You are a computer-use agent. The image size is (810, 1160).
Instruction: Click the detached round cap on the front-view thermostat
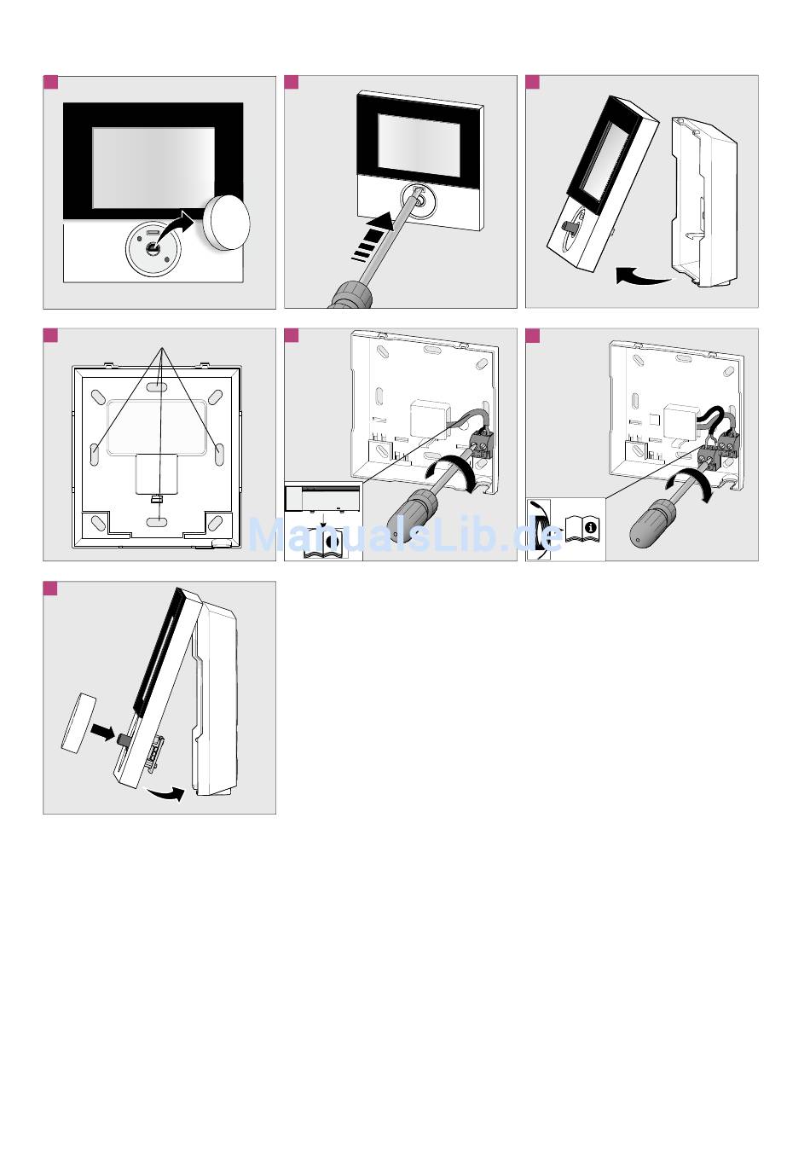click(227, 223)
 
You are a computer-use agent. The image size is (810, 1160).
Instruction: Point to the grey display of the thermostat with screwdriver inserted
click(419, 142)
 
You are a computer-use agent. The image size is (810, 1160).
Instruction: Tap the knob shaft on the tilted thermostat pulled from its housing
click(569, 226)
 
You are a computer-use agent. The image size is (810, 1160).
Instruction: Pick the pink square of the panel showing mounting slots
click(50, 335)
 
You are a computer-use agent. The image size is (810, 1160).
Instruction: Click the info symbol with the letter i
click(590, 528)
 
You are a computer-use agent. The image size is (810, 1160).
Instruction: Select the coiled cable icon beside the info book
click(539, 528)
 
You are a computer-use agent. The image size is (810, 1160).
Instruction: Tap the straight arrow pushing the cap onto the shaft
click(102, 732)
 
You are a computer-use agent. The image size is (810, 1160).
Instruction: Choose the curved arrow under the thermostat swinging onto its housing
click(165, 793)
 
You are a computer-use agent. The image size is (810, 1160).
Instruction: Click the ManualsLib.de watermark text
click(405, 535)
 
